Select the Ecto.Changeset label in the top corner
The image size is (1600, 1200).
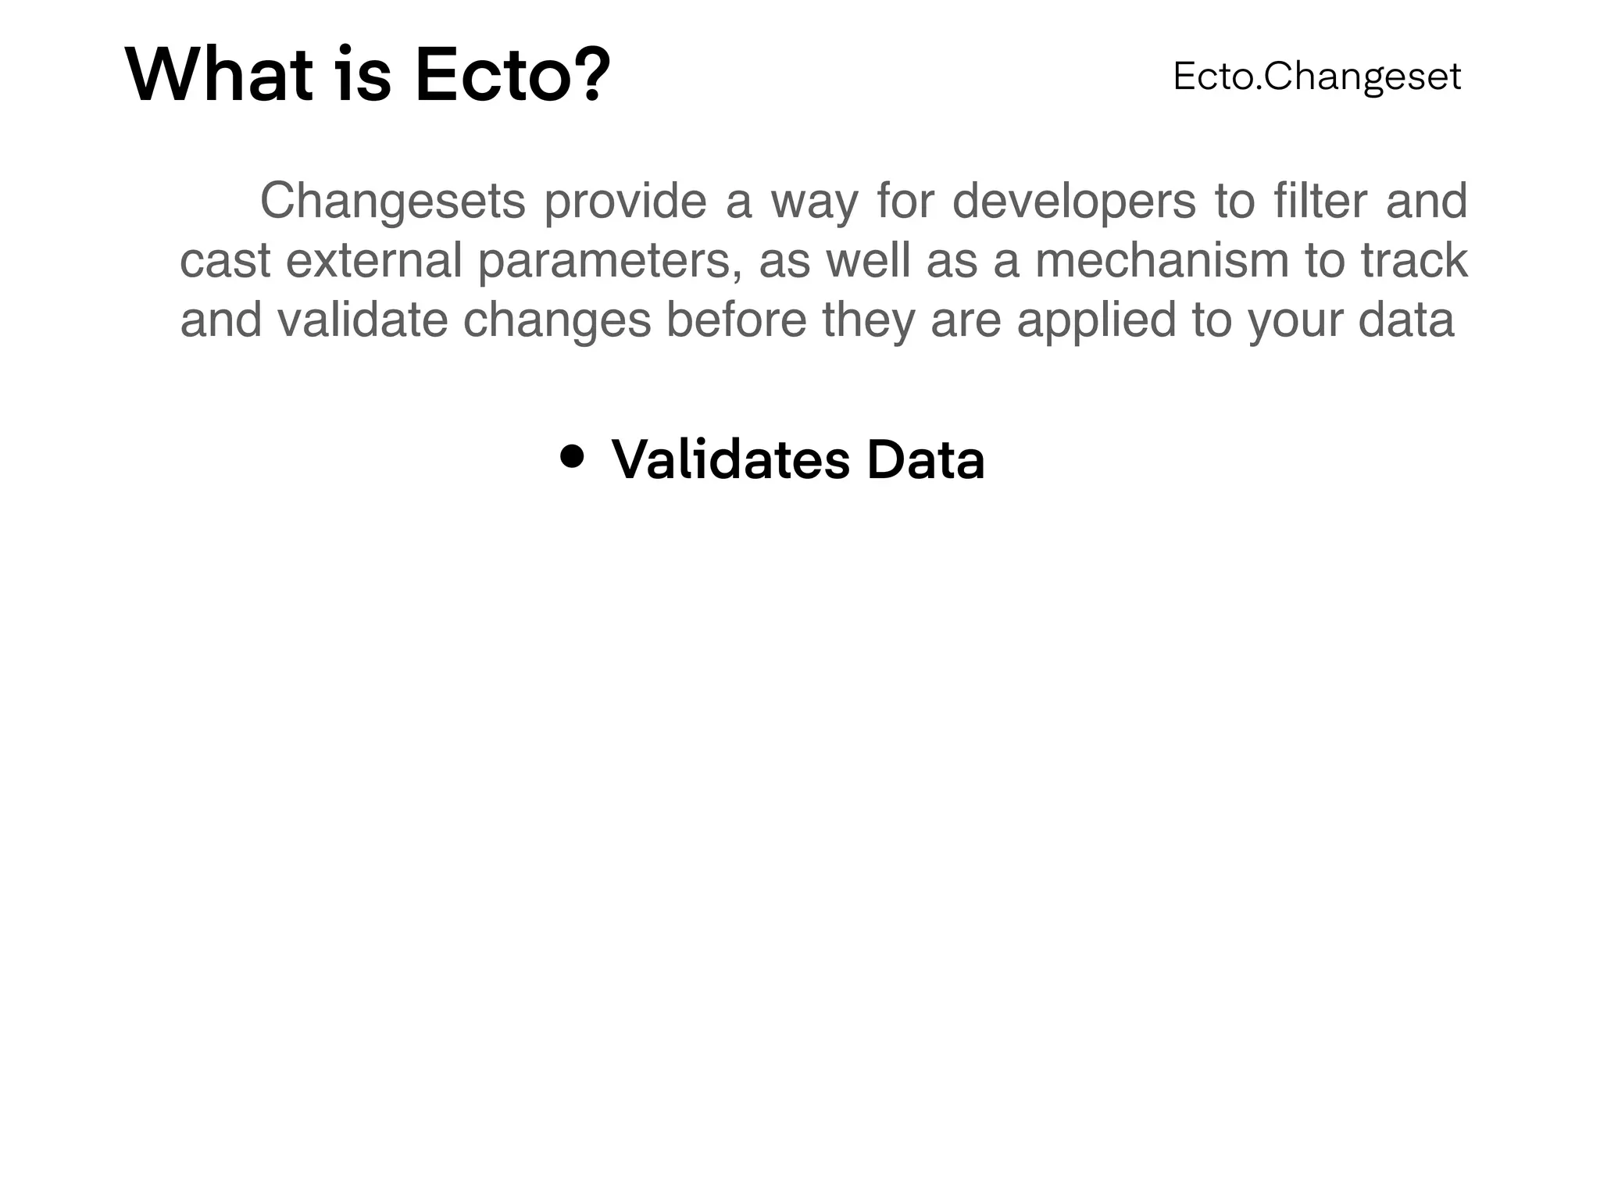(x=1316, y=77)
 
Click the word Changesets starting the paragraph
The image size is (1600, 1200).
(x=392, y=202)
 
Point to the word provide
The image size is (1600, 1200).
(x=625, y=202)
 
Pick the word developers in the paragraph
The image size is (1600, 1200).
(x=1074, y=202)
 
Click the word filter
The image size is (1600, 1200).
(x=1320, y=202)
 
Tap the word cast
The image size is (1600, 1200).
(x=225, y=261)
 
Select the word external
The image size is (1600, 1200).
(x=374, y=261)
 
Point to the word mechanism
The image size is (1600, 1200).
(x=1162, y=261)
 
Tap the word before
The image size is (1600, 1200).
(x=736, y=320)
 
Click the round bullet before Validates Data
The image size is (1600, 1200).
(x=573, y=457)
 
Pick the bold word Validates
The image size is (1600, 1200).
(x=730, y=460)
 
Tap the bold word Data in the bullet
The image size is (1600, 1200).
(x=926, y=460)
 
